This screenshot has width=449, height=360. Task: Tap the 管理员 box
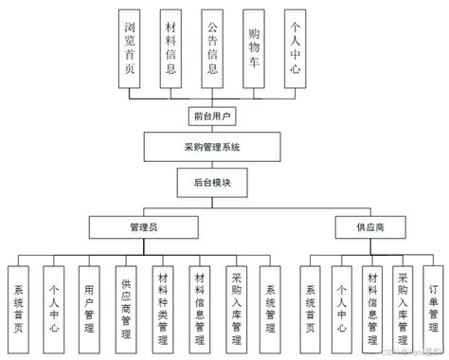click(144, 228)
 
